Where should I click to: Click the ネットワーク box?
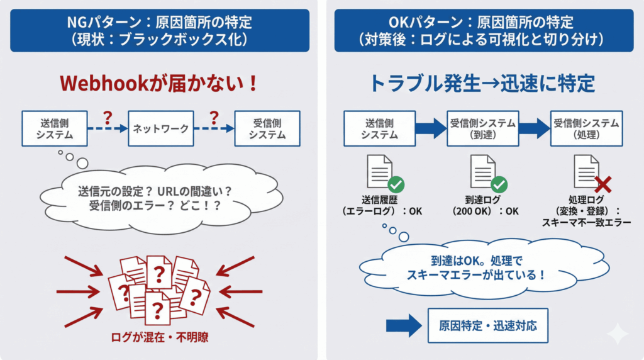tap(160, 128)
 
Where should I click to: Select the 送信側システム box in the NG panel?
tap(54, 128)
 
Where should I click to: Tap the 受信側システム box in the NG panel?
tap(267, 128)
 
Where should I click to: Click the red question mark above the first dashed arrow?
tap(108, 118)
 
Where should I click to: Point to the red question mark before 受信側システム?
tap(214, 118)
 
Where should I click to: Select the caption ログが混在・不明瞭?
tap(160, 337)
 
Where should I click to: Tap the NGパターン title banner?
tap(160, 30)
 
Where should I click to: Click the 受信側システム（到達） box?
tap(483, 128)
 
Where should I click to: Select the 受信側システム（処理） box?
tap(586, 128)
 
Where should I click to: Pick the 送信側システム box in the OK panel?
tap(379, 128)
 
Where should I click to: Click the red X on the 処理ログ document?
tap(603, 184)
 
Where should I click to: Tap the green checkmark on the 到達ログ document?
tap(499, 184)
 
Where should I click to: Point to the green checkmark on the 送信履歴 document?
tap(396, 184)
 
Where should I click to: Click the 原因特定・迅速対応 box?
tap(487, 325)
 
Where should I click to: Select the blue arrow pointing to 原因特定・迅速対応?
tap(403, 325)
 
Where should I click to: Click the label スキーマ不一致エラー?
tap(586, 222)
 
